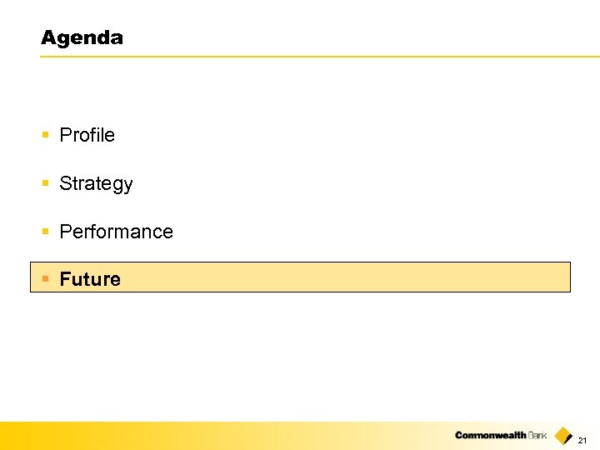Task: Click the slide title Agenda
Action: pos(82,38)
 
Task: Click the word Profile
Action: pos(87,135)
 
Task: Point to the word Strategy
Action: pos(96,184)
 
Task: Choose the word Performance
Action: pos(117,232)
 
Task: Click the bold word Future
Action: pos(90,279)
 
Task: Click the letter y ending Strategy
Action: pos(127,186)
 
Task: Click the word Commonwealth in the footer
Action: pos(491,436)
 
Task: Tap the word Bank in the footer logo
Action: pos(537,436)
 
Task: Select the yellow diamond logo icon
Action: pos(563,436)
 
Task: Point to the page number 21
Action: pos(582,440)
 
